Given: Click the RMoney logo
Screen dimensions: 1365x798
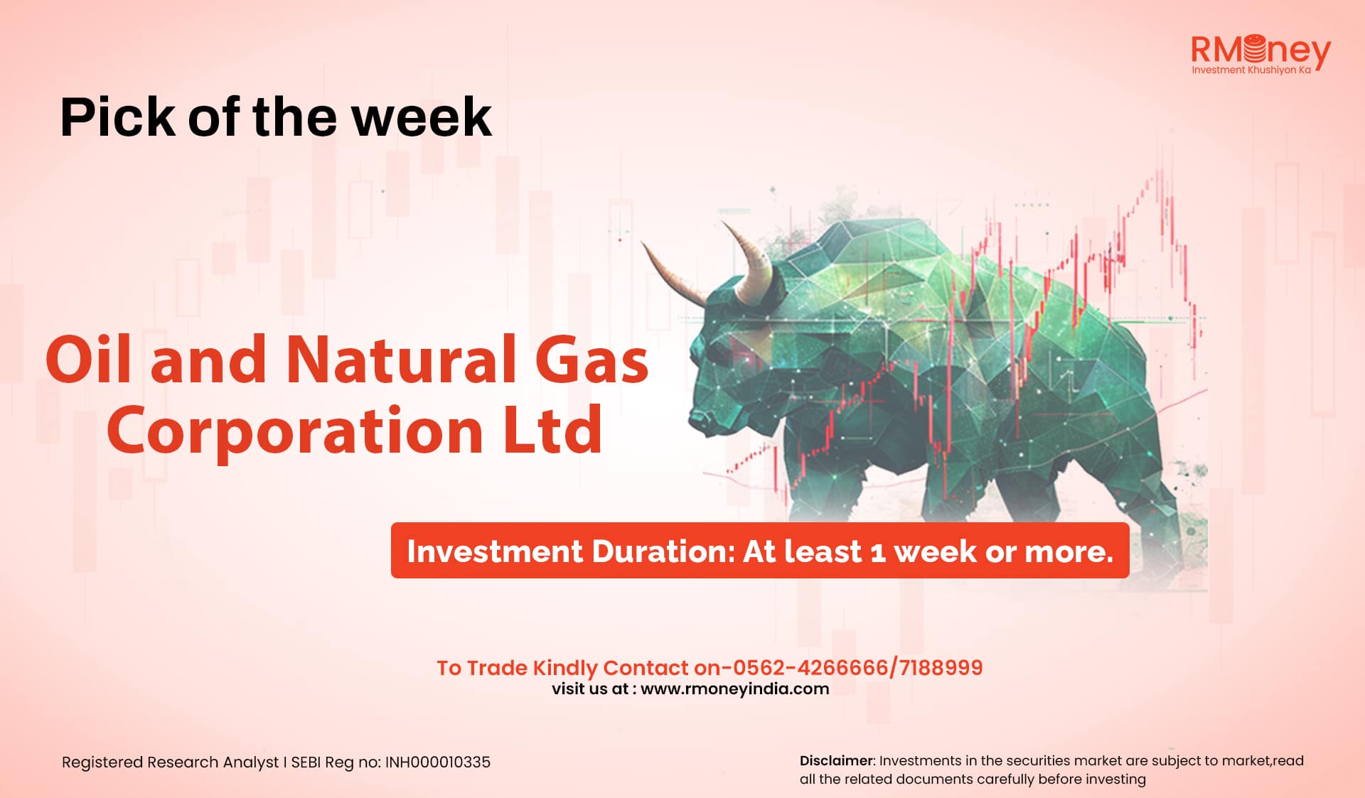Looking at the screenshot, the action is pyautogui.click(x=1260, y=53).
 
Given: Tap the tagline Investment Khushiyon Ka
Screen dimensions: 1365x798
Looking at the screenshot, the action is pyautogui.click(x=1251, y=70).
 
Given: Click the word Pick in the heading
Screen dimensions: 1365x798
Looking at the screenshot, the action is pyautogui.click(x=118, y=117).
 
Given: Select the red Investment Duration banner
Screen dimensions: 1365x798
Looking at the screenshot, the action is pyautogui.click(x=760, y=550).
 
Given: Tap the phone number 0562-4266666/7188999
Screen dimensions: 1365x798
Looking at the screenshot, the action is pyautogui.click(x=857, y=667).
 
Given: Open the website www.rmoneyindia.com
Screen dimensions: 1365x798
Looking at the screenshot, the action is pyautogui.click(x=735, y=689).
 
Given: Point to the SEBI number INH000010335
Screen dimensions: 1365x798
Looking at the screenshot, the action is pyautogui.click(x=438, y=762).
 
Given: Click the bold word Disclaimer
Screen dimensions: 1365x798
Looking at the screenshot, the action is pyautogui.click(x=836, y=760).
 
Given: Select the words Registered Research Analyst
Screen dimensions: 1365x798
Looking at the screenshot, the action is pyautogui.click(x=171, y=762).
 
